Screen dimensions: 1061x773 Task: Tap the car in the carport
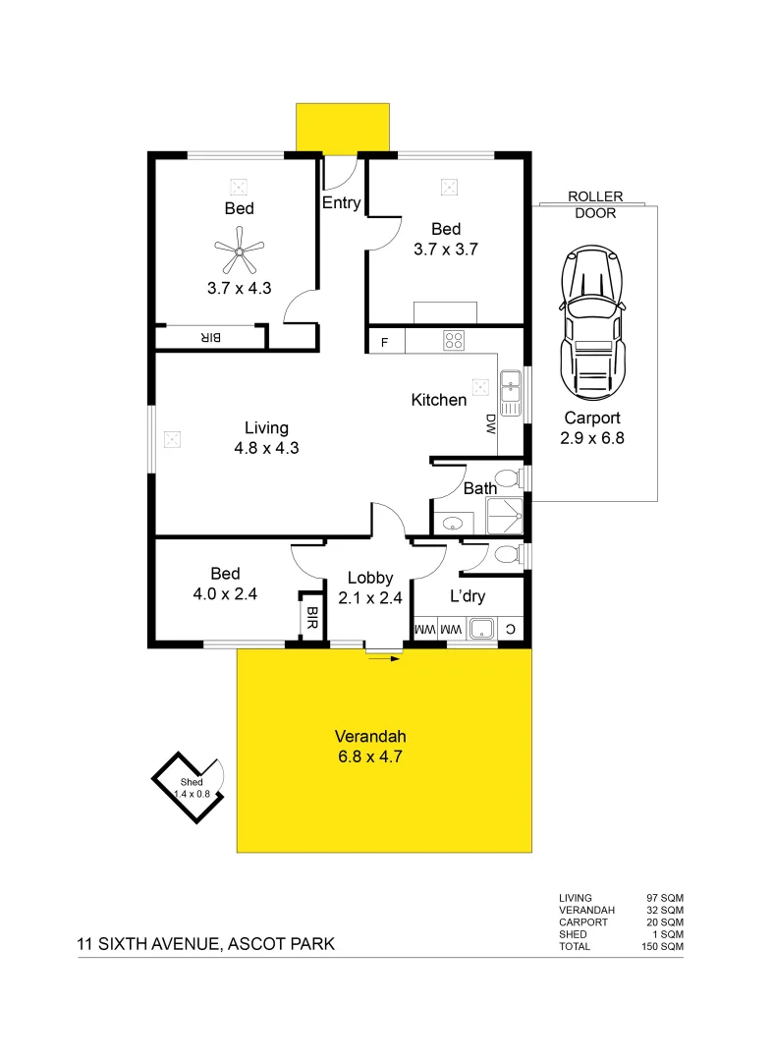click(592, 319)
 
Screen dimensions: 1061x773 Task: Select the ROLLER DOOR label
click(595, 205)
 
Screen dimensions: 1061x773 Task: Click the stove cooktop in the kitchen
click(454, 341)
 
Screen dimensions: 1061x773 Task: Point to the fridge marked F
click(384, 342)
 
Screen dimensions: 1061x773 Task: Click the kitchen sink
click(510, 392)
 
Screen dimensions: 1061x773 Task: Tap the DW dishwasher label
click(490, 423)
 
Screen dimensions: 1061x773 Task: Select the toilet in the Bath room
click(507, 479)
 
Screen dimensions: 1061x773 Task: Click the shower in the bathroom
click(506, 515)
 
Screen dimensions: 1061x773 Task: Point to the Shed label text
click(191, 782)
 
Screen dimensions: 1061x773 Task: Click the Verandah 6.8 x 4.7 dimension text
click(370, 756)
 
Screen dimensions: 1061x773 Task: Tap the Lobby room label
click(370, 579)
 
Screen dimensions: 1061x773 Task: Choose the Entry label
click(342, 203)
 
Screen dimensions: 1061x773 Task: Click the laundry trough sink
click(480, 628)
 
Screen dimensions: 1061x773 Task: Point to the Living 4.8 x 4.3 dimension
click(266, 447)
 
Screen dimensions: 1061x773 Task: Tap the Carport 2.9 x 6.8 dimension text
click(592, 438)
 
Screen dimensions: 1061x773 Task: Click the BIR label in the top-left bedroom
click(211, 338)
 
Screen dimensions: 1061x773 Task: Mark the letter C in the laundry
click(509, 628)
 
